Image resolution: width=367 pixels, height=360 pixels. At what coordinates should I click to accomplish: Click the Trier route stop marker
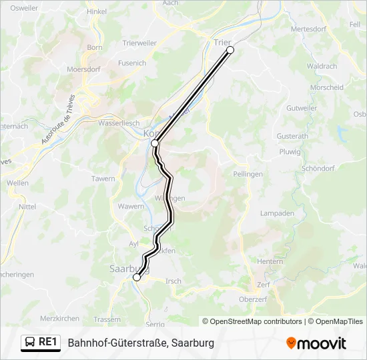[x=230, y=50]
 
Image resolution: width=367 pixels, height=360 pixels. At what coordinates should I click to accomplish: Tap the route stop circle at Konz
[x=155, y=143]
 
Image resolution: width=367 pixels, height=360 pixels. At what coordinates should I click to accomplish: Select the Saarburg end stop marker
[x=137, y=278]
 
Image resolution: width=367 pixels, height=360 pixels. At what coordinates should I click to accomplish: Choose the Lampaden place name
[x=277, y=213]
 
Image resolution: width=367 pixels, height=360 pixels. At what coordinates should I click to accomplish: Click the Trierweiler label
[x=139, y=43]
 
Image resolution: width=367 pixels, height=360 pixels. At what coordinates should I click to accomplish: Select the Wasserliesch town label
[x=119, y=123]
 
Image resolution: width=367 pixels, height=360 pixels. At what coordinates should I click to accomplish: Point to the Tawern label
[x=103, y=179]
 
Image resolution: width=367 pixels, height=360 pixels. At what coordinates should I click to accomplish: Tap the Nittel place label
[x=27, y=207]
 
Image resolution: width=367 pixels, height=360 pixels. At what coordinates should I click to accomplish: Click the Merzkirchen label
[x=59, y=319]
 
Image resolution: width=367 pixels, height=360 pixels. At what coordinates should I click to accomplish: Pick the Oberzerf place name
[x=253, y=299]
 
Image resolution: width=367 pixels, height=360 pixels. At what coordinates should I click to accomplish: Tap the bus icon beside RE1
[x=30, y=343]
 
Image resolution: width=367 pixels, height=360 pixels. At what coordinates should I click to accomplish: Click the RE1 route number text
[x=47, y=343]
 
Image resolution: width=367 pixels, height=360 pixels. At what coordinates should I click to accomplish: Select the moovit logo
[x=316, y=343]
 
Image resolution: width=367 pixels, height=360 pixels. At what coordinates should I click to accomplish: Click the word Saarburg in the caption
[x=192, y=343]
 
